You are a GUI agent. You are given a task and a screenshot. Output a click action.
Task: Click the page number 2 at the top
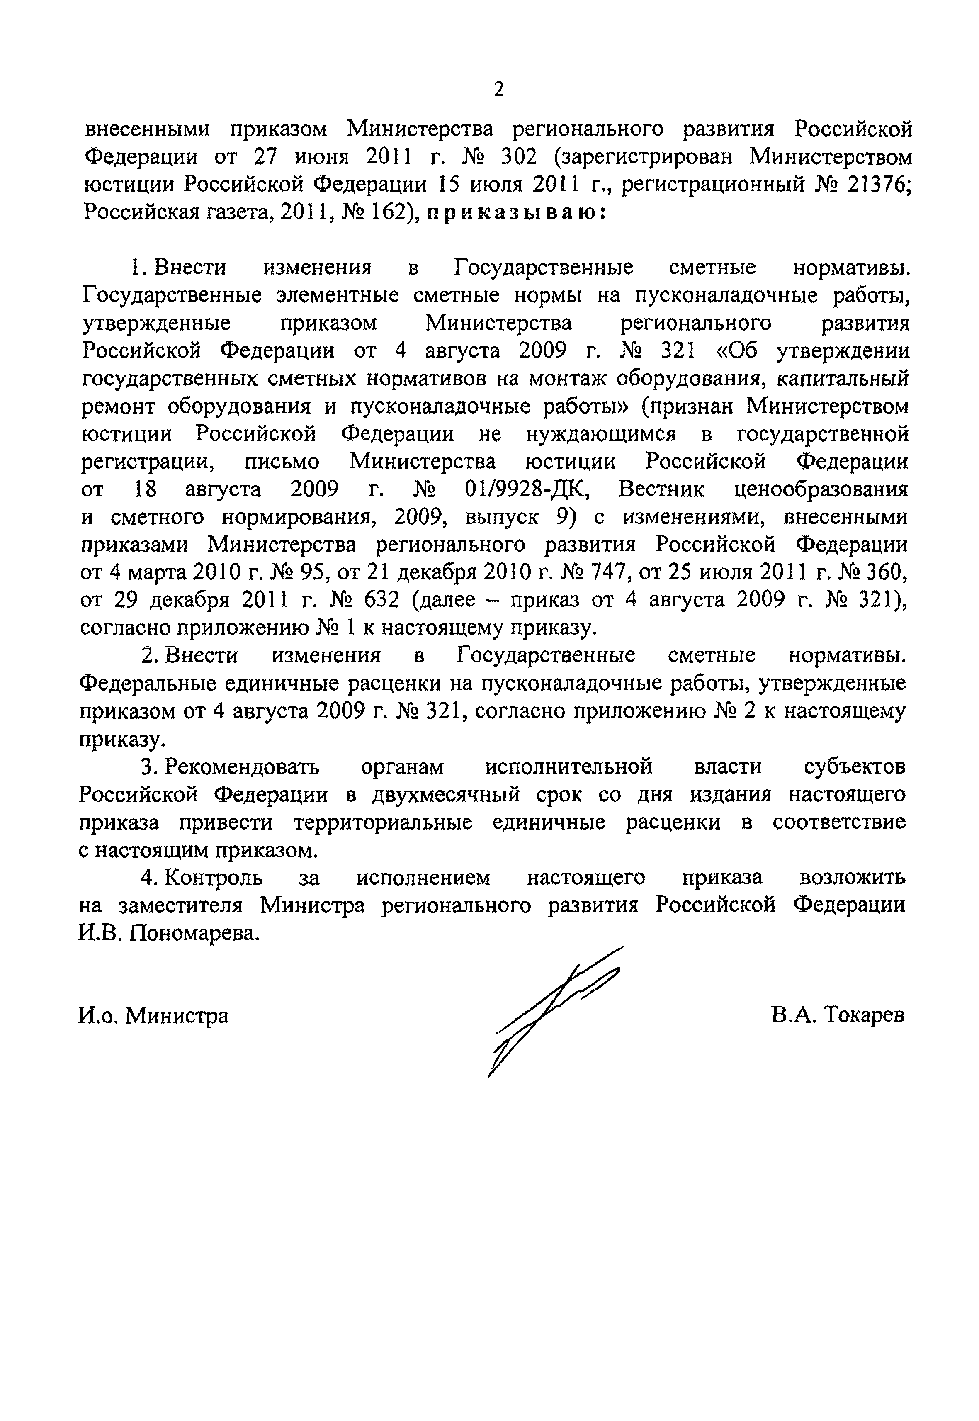coord(498,90)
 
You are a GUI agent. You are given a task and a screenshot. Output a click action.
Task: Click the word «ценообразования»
coord(821,489)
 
